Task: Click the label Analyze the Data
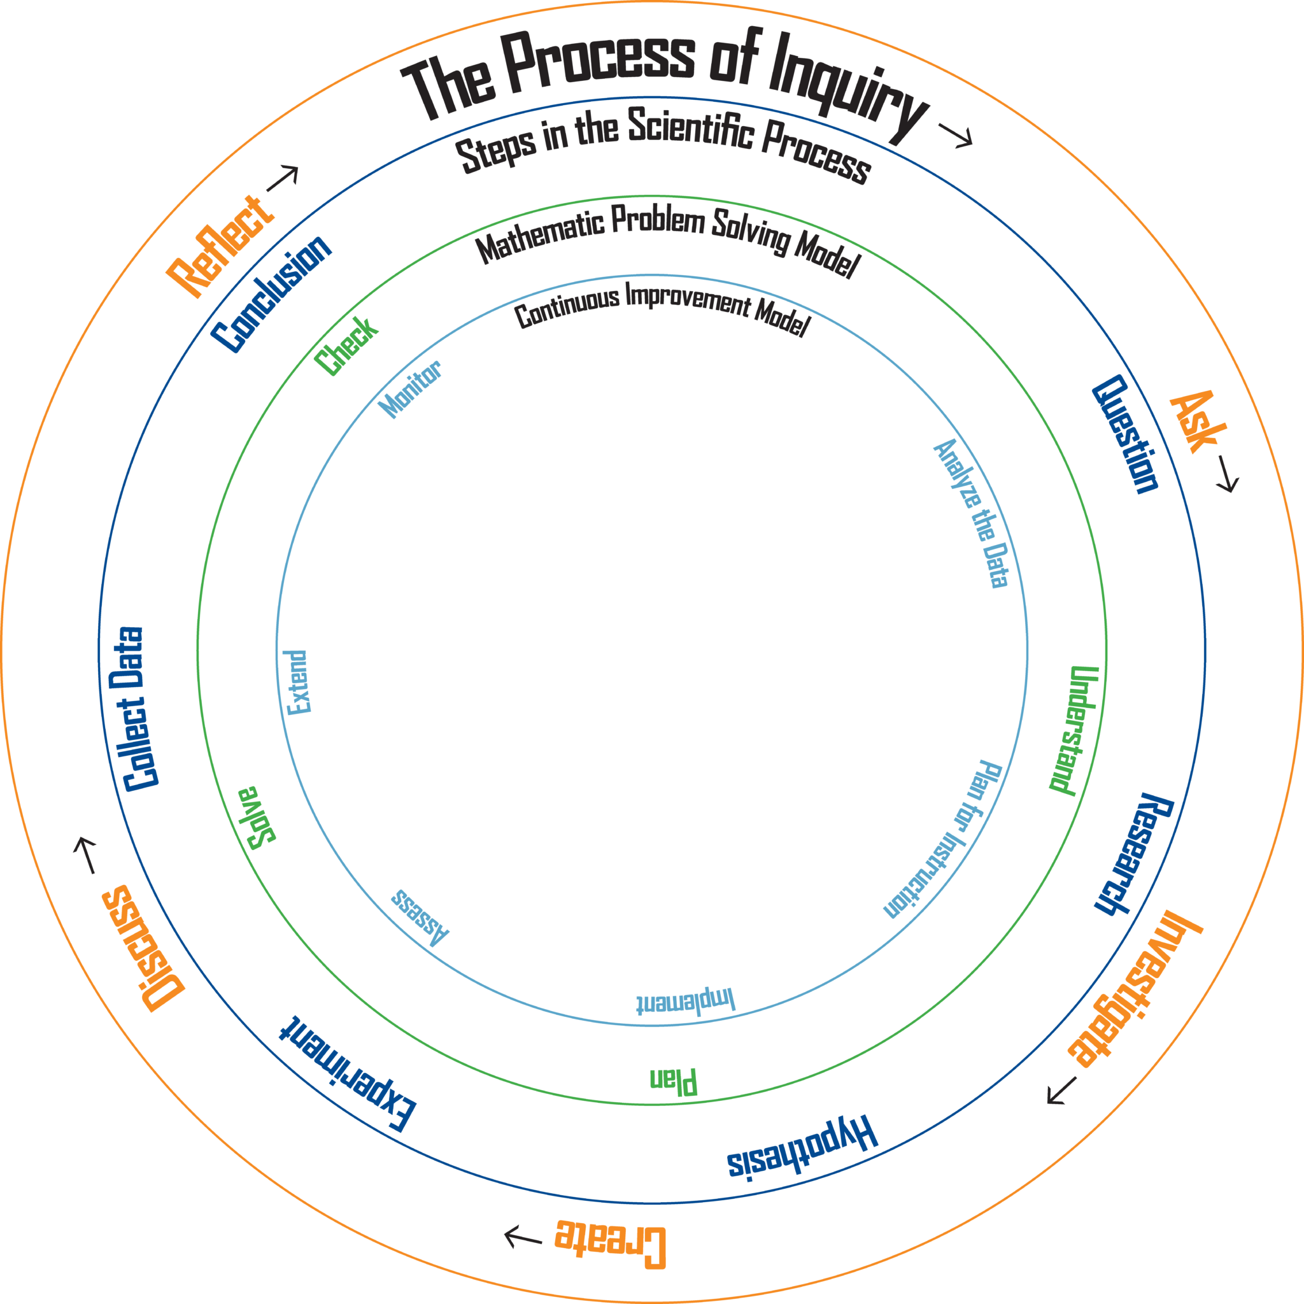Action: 971,514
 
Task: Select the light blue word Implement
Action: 685,1002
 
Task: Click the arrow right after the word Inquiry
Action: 955,134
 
